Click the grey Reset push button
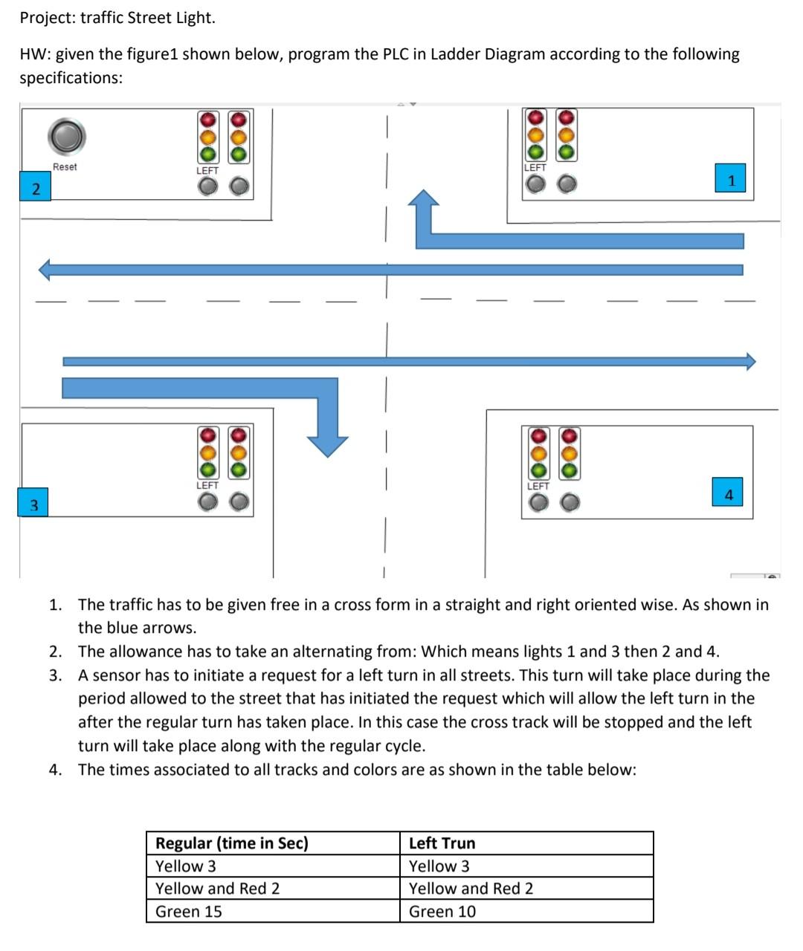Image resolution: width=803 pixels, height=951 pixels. [66, 137]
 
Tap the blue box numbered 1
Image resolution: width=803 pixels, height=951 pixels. [732, 180]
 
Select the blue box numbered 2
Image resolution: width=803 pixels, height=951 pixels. [35, 188]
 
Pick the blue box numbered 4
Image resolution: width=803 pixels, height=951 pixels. [729, 494]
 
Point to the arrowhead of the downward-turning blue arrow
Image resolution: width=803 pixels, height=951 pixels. [328, 444]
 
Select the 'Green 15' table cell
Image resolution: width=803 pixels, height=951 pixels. [272, 912]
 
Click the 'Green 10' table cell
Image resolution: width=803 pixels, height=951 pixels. [526, 912]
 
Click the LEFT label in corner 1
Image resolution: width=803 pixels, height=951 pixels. [535, 168]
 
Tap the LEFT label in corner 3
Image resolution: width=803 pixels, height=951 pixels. [207, 485]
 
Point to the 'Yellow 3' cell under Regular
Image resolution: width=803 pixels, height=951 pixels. [272, 866]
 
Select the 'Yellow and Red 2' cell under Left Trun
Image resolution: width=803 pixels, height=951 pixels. [526, 889]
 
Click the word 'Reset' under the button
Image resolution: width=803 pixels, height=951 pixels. [65, 167]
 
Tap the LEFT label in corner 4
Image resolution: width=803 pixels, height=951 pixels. [538, 486]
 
